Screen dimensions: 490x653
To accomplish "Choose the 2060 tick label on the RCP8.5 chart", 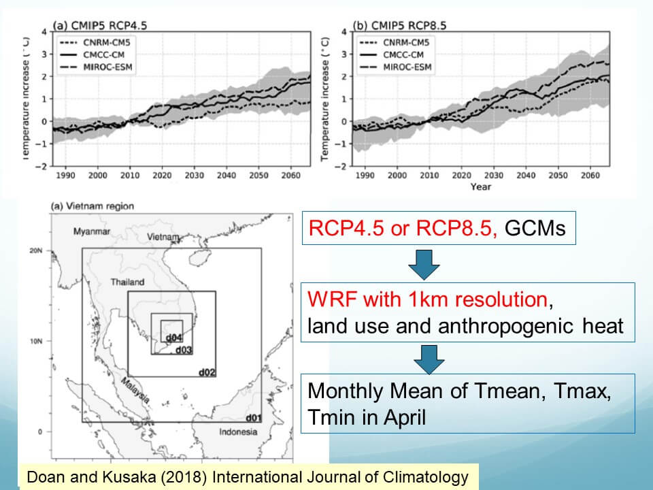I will pyautogui.click(x=588, y=175).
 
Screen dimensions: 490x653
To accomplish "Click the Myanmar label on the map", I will pyautogui.click(x=92, y=232).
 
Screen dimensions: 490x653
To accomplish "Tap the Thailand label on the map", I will pyautogui.click(x=128, y=282).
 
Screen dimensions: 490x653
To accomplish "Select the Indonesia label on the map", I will pyautogui.click(x=238, y=431).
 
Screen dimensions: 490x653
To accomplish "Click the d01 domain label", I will pyautogui.click(x=253, y=417).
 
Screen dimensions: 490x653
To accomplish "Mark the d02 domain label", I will pyautogui.click(x=207, y=372).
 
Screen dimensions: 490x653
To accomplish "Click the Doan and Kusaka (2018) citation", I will pyautogui.click(x=248, y=477).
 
